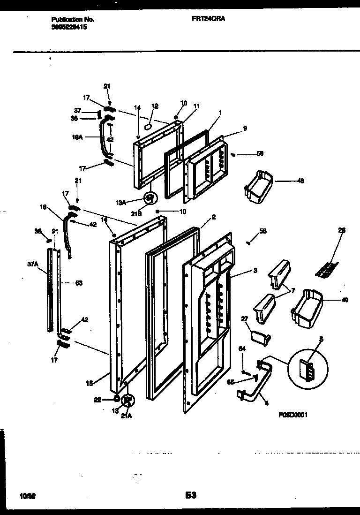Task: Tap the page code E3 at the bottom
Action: click(189, 494)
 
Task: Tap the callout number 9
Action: click(245, 128)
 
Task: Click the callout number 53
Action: click(79, 283)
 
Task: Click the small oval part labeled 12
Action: click(148, 126)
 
